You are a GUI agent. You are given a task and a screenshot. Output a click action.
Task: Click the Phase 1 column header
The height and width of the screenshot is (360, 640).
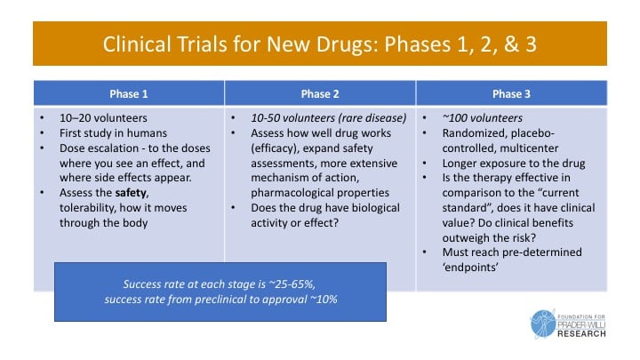pos(129,94)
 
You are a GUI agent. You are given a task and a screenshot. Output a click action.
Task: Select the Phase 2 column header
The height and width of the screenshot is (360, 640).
pos(320,94)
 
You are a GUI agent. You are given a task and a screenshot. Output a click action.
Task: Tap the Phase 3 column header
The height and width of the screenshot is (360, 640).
pos(511,94)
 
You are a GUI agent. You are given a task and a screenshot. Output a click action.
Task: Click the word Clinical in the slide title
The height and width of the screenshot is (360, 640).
pos(136,44)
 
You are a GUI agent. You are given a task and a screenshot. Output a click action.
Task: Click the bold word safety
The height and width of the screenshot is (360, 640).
pos(131,192)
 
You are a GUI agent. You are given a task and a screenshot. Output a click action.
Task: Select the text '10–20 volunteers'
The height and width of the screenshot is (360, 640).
pos(103,118)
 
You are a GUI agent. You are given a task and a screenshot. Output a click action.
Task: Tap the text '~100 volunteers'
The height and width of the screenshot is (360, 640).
pos(482,118)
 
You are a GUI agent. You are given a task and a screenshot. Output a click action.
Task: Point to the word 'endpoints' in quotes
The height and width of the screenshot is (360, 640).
pos(470,268)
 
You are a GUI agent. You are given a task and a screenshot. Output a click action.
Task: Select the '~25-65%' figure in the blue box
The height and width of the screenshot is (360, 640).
pos(292,284)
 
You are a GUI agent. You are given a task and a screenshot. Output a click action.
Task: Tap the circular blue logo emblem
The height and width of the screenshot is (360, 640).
pos(543,324)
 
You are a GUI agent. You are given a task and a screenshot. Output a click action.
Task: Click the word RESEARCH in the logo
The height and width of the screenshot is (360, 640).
pos(581,334)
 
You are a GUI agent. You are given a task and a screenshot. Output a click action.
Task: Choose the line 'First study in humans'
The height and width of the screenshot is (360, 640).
pos(113,133)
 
